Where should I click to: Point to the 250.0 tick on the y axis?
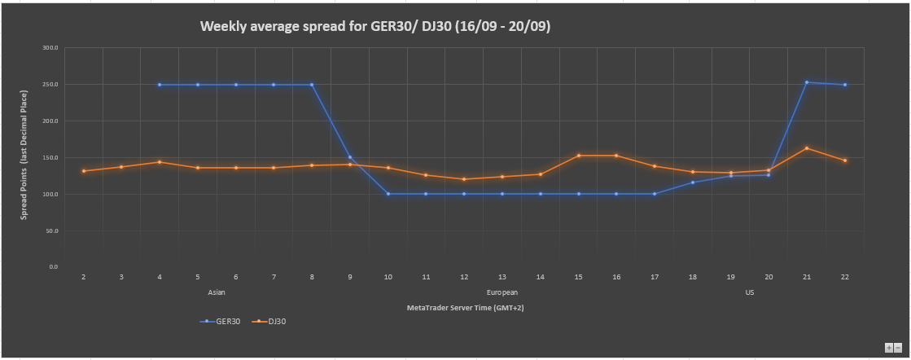click(50, 85)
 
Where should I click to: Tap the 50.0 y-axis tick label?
click(52, 230)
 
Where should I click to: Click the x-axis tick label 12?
click(464, 277)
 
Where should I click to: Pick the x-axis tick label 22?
click(845, 277)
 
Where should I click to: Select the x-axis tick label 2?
click(83, 277)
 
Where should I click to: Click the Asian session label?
click(217, 292)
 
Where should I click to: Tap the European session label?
click(501, 292)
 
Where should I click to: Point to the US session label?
click(749, 292)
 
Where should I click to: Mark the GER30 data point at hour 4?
click(160, 85)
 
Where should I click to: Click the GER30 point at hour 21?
click(807, 82)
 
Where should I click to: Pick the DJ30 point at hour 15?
click(578, 156)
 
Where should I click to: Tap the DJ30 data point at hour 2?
click(83, 171)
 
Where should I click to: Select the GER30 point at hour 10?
click(388, 194)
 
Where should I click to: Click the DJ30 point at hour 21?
click(807, 148)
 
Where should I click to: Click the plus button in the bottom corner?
click(889, 347)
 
